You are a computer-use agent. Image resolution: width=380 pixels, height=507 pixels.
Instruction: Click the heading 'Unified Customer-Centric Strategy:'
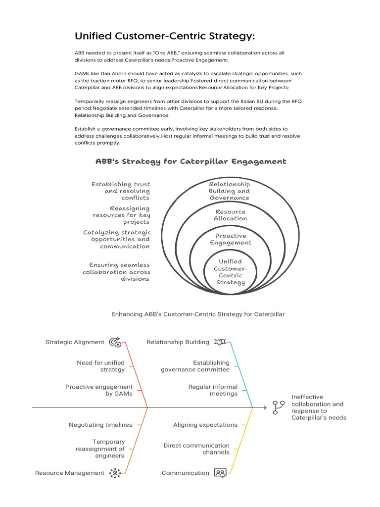pyautogui.click(x=165, y=36)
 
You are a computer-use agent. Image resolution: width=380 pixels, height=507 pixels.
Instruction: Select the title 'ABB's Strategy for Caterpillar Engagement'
pyautogui.click(x=190, y=161)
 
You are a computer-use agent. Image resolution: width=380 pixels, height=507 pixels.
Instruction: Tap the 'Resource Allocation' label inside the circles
pyautogui.click(x=230, y=215)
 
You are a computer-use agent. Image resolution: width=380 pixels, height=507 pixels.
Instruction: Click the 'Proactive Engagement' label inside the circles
pyautogui.click(x=230, y=239)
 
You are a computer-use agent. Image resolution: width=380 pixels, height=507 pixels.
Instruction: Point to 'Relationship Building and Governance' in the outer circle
pyautogui.click(x=229, y=191)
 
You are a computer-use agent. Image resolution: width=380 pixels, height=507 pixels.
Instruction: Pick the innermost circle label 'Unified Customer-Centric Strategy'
pyautogui.click(x=230, y=272)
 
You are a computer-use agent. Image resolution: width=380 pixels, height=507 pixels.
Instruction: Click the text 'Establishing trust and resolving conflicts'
pyautogui.click(x=121, y=191)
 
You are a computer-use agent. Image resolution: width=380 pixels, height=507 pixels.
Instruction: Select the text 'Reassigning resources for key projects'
pyautogui.click(x=122, y=215)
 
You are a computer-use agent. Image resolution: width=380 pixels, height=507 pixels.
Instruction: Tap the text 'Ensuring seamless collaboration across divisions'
pyautogui.click(x=117, y=272)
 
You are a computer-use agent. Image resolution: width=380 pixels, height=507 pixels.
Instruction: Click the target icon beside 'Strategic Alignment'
pyautogui.click(x=115, y=342)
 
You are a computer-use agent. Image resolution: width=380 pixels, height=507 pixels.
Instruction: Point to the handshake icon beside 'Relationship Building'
pyautogui.click(x=220, y=342)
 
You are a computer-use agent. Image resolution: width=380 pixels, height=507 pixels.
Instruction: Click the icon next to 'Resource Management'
pyautogui.click(x=115, y=473)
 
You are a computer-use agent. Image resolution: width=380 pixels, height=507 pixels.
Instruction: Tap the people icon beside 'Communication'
pyautogui.click(x=220, y=473)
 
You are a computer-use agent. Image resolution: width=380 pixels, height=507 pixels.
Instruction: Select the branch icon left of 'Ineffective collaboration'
pyautogui.click(x=279, y=407)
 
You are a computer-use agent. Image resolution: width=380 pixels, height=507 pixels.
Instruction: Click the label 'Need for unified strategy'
pyautogui.click(x=101, y=366)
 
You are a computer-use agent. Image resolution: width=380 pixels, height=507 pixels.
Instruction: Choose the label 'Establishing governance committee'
pyautogui.click(x=195, y=366)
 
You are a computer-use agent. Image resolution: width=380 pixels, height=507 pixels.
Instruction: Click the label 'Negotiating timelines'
pyautogui.click(x=100, y=425)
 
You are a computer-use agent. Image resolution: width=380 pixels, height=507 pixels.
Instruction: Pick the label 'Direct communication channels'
pyautogui.click(x=196, y=449)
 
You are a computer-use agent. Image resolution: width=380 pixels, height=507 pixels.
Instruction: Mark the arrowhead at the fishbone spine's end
pyautogui.click(x=265, y=407)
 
